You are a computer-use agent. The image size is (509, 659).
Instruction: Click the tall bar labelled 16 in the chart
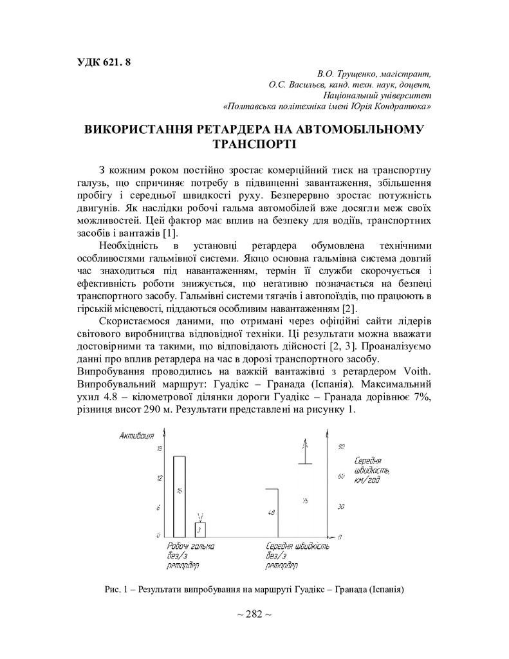click(x=179, y=496)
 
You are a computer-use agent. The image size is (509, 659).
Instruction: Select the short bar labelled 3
click(x=200, y=529)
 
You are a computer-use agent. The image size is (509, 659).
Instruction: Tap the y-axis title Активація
click(x=136, y=437)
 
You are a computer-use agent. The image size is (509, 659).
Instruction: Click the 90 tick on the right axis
click(x=342, y=446)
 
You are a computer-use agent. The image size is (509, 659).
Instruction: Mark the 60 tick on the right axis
click(x=342, y=476)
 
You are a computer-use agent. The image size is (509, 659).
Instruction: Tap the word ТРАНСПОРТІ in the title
click(x=254, y=144)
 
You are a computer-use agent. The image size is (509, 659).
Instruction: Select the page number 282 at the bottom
click(x=254, y=615)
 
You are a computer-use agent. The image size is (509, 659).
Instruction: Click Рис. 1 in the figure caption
click(x=116, y=589)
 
